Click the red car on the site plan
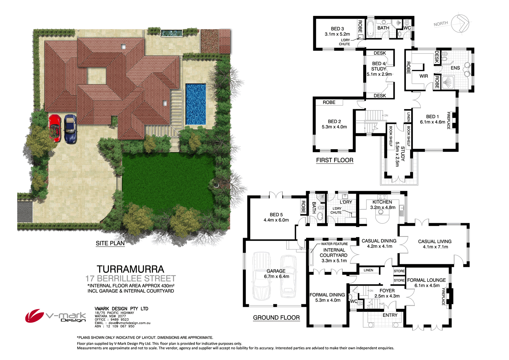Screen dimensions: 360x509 pyautogui.click(x=55, y=128)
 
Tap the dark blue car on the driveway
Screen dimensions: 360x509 pyautogui.click(x=70, y=129)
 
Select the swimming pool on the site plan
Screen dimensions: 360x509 pyautogui.click(x=195, y=104)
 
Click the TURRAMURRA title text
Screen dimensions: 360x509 pyautogui.click(x=130, y=269)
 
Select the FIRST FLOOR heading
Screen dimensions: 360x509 pyautogui.click(x=335, y=160)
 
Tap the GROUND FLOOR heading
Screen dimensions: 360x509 pyautogui.click(x=276, y=318)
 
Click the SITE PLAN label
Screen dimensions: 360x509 pyautogui.click(x=110, y=243)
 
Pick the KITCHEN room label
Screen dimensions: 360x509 pyautogui.click(x=382, y=202)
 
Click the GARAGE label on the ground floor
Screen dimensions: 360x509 pyautogui.click(x=276, y=271)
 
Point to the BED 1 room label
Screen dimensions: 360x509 pyautogui.click(x=432, y=116)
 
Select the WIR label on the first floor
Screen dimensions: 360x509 pyautogui.click(x=423, y=76)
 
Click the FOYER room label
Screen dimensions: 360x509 pyautogui.click(x=387, y=291)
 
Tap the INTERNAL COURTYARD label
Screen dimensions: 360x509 pyautogui.click(x=334, y=253)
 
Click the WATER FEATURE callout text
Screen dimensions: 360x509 pyautogui.click(x=334, y=244)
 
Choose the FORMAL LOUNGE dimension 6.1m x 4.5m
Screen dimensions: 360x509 pyautogui.click(x=427, y=286)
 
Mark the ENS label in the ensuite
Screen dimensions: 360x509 pyautogui.click(x=455, y=68)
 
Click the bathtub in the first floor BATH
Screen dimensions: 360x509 pyautogui.click(x=370, y=28)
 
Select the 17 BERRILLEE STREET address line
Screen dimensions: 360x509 pyautogui.click(x=130, y=278)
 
